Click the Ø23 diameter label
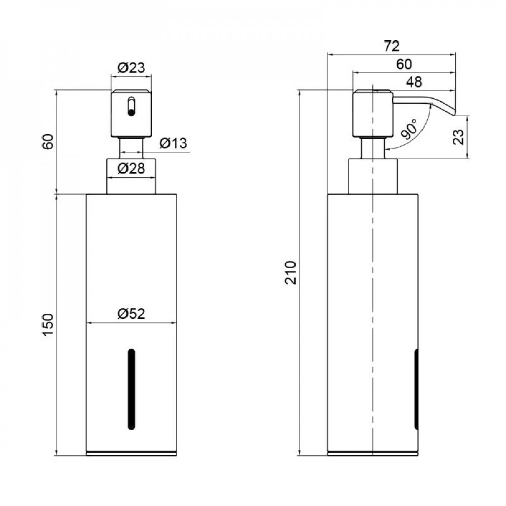(132, 68)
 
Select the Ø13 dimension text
(173, 143)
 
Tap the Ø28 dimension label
(132, 168)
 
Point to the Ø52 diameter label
(132, 313)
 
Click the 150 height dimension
(48, 325)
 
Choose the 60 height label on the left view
(48, 141)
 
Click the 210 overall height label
(291, 272)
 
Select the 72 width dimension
(392, 46)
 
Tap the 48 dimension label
(414, 82)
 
